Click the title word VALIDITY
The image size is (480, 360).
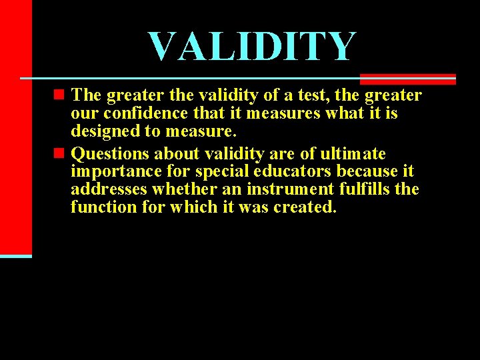[253, 47]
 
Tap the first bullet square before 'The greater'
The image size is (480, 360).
[61, 95]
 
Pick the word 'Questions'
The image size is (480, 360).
[111, 154]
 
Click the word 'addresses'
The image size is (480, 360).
[109, 189]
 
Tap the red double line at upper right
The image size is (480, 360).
[407, 79]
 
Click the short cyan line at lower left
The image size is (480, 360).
[15, 256]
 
